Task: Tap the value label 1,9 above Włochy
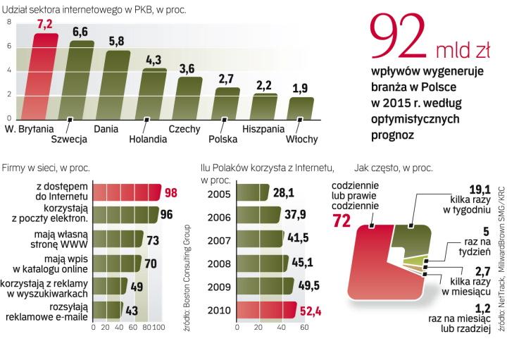301,88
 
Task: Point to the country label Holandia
148,139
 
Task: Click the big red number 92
398,41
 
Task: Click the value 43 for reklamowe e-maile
132,309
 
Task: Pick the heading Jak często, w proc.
395,168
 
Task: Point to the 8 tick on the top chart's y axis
9,22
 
